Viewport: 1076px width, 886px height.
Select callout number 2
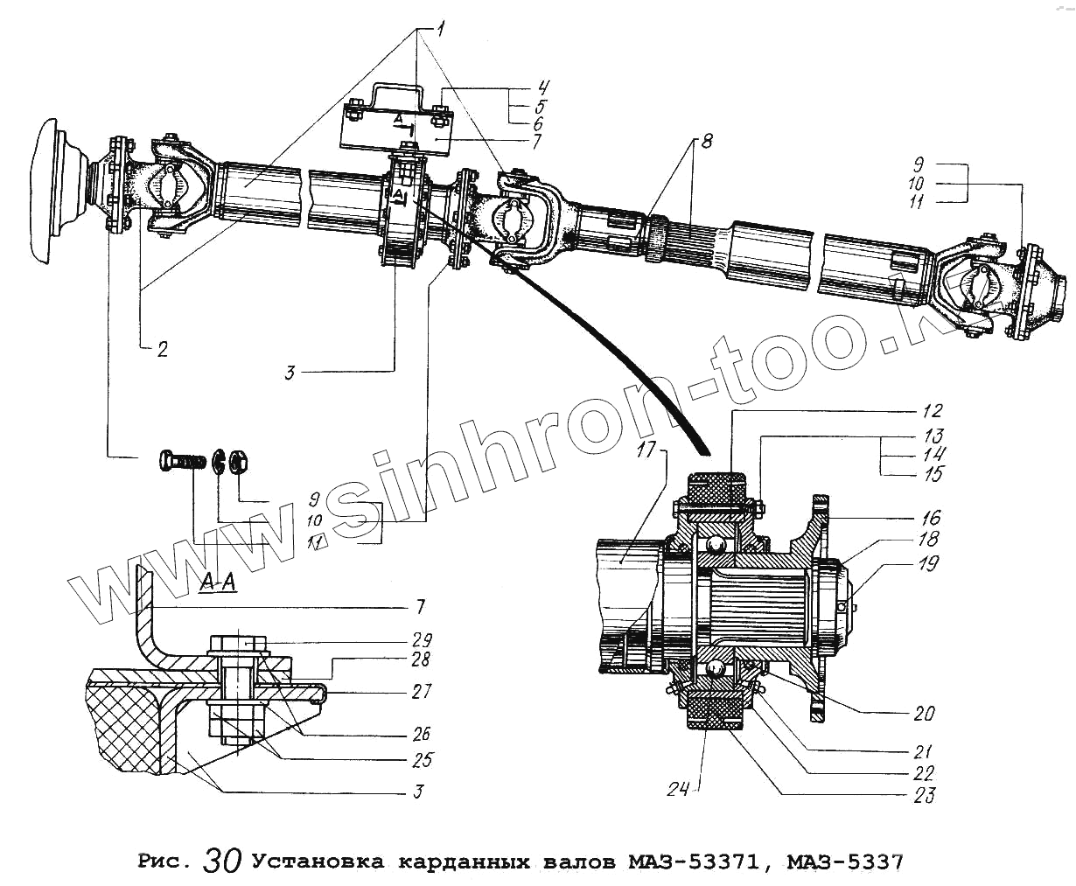pos(162,350)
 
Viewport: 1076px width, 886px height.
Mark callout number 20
pos(924,714)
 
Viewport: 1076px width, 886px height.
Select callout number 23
pos(925,794)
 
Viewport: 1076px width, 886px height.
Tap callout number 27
pos(423,691)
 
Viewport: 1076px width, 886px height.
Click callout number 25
pos(423,759)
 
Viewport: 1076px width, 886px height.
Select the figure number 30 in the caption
pos(220,861)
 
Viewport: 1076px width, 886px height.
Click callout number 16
pos(928,518)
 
